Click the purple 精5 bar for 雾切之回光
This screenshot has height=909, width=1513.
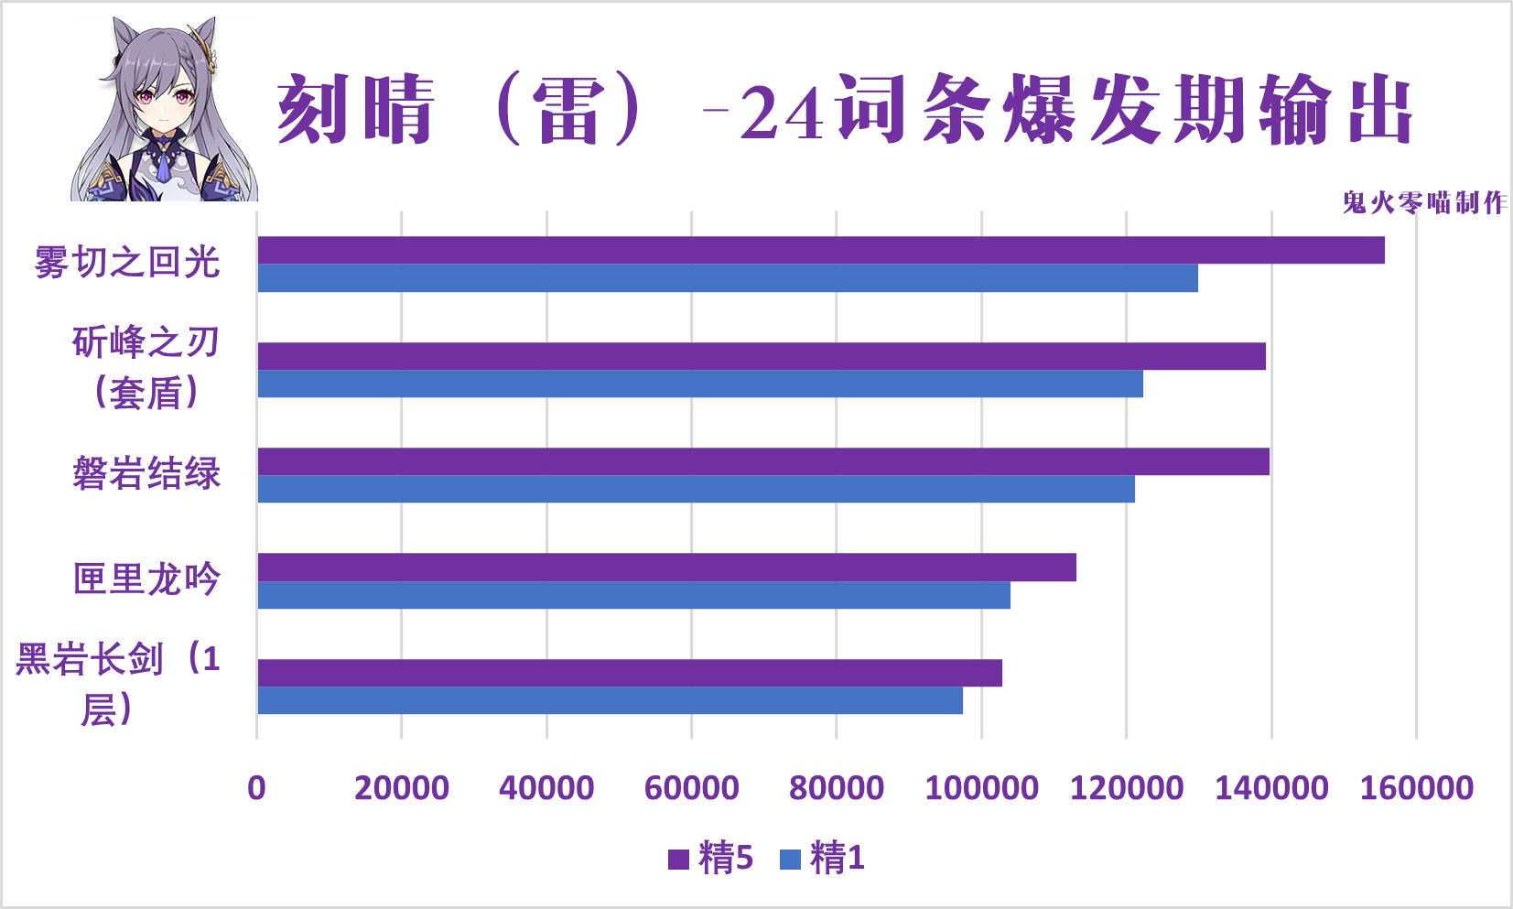coord(821,250)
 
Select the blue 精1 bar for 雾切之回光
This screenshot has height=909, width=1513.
coord(728,278)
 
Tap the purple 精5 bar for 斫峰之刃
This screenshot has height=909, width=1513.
coord(762,356)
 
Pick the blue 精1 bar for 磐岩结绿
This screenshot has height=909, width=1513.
coord(696,489)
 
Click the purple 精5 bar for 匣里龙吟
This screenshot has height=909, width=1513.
coord(666,568)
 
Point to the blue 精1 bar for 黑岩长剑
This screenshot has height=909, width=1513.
coord(610,700)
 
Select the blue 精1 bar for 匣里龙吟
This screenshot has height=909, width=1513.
coord(633,595)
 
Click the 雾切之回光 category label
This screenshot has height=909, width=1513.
coord(127,263)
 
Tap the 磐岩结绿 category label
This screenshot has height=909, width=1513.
coord(146,474)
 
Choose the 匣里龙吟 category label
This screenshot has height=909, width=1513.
coord(146,579)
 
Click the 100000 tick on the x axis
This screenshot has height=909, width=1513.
coord(981,787)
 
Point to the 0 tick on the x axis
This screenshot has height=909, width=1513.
coord(256,787)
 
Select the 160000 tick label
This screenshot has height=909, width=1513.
coord(1416,787)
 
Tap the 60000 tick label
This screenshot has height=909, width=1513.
coord(691,787)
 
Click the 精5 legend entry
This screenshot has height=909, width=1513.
coord(712,859)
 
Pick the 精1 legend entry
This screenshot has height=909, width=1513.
coord(823,859)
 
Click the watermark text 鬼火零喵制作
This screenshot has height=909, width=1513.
coord(1424,202)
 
